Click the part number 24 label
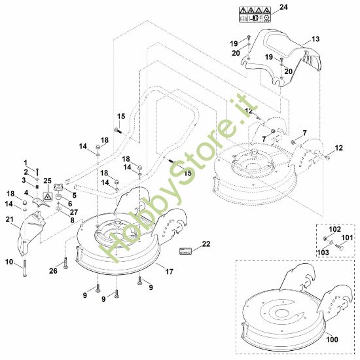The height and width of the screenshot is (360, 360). [283, 7]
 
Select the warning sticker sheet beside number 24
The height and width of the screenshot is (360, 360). [255, 14]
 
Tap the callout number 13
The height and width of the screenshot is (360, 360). [315, 39]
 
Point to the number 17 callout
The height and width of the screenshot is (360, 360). [170, 272]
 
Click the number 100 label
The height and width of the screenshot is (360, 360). [333, 339]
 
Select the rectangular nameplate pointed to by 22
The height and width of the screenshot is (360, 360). [185, 251]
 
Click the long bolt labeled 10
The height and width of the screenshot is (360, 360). [25, 268]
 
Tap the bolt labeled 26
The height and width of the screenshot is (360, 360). [66, 263]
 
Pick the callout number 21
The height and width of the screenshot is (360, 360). [9, 219]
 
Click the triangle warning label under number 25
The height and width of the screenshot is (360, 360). [48, 196]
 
